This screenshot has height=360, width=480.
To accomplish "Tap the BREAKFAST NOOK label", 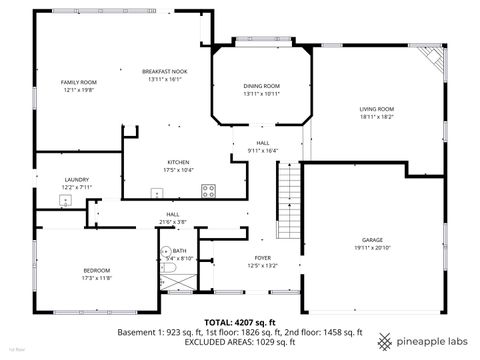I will click(x=164, y=72).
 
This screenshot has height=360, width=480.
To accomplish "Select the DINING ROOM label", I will click(x=261, y=86).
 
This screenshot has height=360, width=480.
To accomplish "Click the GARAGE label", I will click(x=372, y=240).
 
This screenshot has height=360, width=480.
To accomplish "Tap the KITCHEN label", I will click(x=178, y=162).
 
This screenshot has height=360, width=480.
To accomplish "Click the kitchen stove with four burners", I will click(x=208, y=189).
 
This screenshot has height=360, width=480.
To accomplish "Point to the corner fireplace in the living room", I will click(x=430, y=57).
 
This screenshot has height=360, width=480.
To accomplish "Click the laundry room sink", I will click(x=67, y=200).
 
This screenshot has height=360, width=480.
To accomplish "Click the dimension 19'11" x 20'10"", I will click(x=372, y=247).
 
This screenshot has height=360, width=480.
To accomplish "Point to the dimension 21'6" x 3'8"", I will click(x=172, y=221).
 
